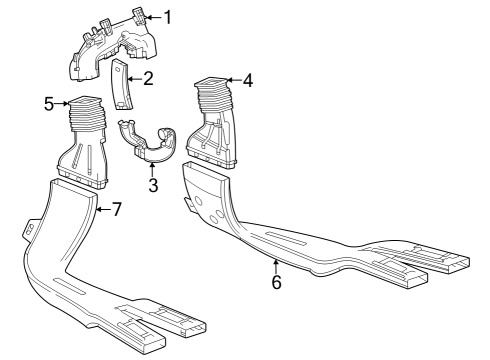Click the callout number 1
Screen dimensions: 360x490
(168, 16)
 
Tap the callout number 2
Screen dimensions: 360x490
(148, 77)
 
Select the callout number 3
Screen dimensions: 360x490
(152, 185)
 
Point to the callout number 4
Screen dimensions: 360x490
(248, 80)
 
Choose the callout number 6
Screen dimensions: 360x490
(276, 282)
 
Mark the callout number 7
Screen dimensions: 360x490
(116, 209)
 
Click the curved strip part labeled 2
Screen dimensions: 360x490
(120, 85)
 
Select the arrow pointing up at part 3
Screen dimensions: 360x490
(152, 168)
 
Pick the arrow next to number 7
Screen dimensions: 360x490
(102, 209)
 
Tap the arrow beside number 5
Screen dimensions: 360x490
(63, 102)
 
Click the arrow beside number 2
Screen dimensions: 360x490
(133, 77)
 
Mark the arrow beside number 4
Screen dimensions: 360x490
(233, 80)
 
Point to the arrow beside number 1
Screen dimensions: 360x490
(153, 17)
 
